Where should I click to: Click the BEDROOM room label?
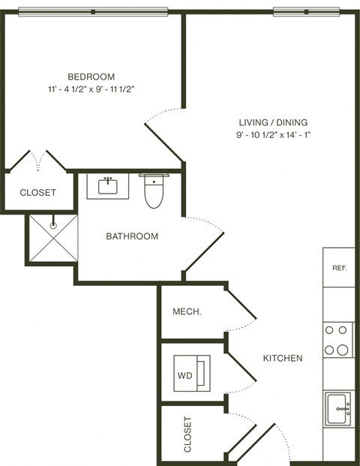(x=91, y=77)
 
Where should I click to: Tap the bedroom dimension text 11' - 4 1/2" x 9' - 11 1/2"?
(x=91, y=89)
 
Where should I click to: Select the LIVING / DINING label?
(x=273, y=122)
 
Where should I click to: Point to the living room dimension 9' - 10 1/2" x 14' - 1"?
(x=273, y=135)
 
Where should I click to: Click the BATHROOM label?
(x=132, y=236)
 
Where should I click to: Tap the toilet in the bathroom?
(x=153, y=191)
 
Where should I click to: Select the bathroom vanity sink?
(x=109, y=185)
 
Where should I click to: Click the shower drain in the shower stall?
(x=54, y=224)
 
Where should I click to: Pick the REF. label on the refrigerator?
(x=339, y=268)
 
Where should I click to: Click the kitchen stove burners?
(x=338, y=339)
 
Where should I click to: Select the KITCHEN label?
(x=283, y=358)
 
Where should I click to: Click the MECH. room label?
(x=186, y=312)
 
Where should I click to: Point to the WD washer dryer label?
(x=184, y=373)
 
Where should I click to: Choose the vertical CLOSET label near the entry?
(x=187, y=434)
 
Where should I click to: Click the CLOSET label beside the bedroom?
(x=37, y=192)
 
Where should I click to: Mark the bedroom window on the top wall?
(x=92, y=11)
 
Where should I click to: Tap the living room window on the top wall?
(x=306, y=11)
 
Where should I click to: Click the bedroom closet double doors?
(x=37, y=161)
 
